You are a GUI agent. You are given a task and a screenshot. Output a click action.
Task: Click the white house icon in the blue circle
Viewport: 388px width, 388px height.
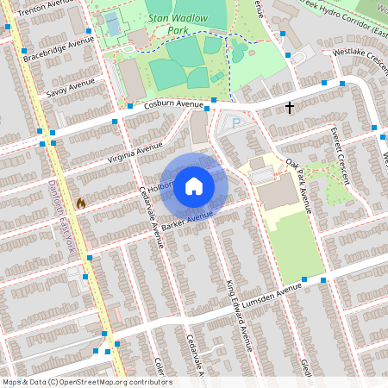194,185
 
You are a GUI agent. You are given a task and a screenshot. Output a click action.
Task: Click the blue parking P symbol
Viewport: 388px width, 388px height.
237,123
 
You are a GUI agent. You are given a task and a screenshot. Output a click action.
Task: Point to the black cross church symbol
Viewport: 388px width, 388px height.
290,108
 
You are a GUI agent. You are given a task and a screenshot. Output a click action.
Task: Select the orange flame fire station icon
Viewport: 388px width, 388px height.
81,203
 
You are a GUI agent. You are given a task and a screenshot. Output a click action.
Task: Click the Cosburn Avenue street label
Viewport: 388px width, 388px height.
172,104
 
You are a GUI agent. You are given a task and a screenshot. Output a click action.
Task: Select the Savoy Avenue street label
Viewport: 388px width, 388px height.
71,87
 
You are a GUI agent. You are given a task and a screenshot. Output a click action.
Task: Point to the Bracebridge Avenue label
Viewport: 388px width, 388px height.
59,49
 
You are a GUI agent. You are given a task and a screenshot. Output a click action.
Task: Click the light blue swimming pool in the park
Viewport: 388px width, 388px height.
111,23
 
